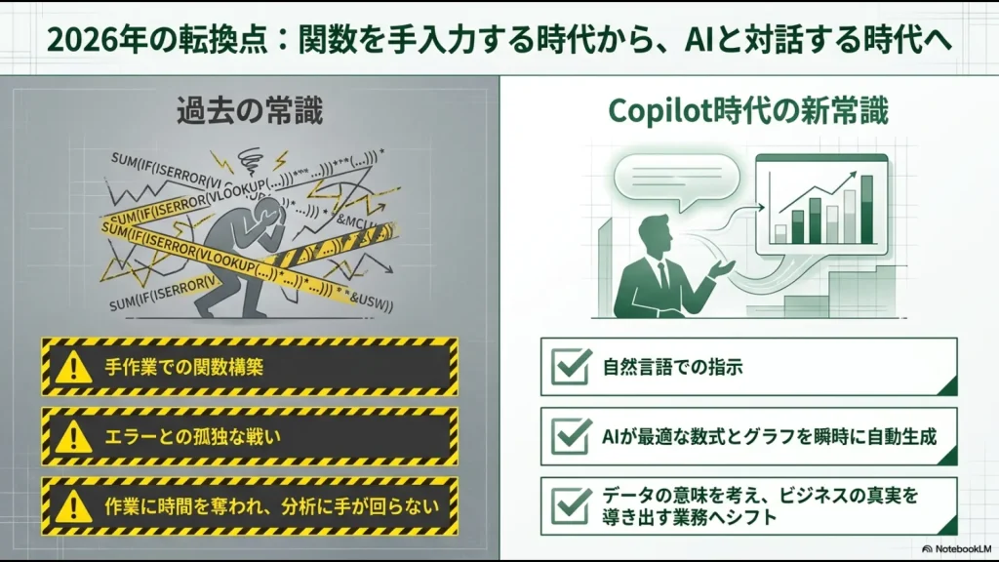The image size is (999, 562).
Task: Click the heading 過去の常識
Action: [x=250, y=110]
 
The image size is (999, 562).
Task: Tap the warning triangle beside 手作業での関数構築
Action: [x=73, y=367]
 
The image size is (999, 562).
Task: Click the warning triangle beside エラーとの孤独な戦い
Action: [x=73, y=436]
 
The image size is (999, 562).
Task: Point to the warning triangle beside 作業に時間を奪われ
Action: [x=73, y=505]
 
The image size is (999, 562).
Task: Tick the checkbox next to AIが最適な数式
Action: [x=571, y=435]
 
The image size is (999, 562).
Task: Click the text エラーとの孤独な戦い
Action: [x=192, y=436]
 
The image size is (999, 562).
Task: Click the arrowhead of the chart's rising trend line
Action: [x=864, y=177]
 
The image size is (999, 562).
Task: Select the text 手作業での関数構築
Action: [x=184, y=368]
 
